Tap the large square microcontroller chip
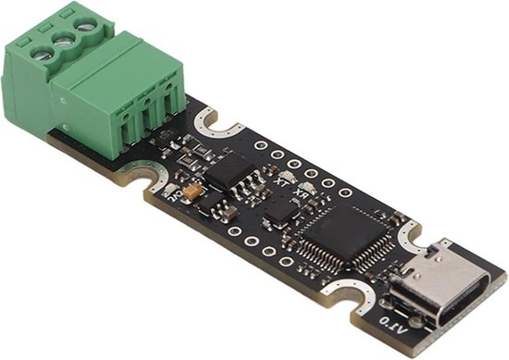click(x=341, y=235)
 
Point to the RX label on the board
click(x=300, y=195)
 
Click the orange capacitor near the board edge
click(x=192, y=191)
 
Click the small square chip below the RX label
click(x=278, y=214)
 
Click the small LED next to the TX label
click(x=287, y=177)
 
